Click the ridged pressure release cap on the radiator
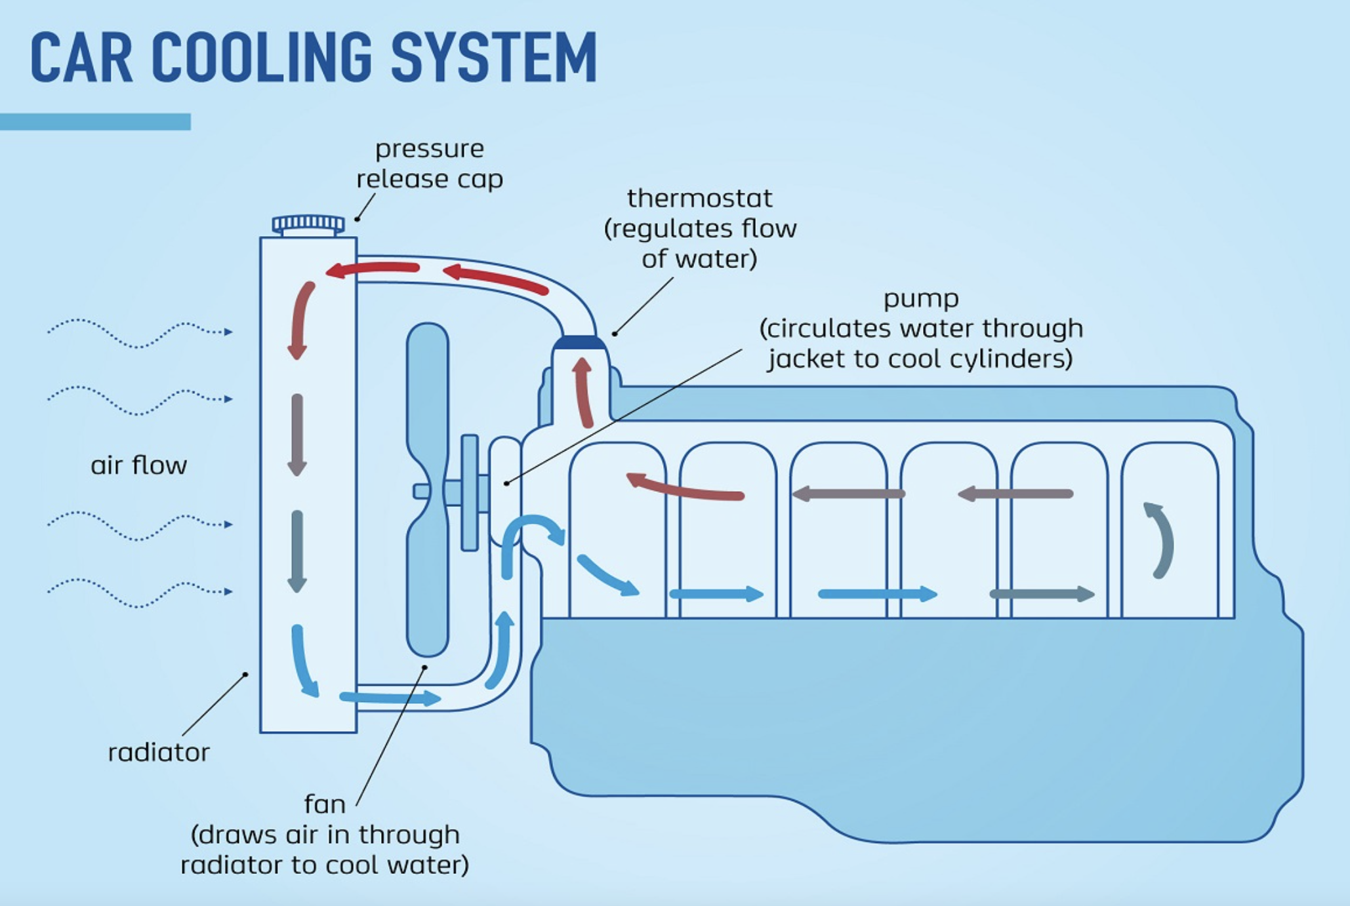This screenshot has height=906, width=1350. tap(308, 225)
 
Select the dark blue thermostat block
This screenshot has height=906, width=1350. tap(579, 343)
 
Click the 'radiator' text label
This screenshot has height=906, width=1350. tap(159, 752)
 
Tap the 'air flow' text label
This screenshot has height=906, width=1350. tap(138, 465)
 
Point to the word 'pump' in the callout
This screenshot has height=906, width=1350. tap(921, 299)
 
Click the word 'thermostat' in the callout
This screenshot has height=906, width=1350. tap(699, 198)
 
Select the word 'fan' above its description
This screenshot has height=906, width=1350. tap(324, 804)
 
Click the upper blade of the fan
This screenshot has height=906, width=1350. tap(428, 393)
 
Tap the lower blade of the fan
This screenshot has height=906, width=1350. tap(428, 590)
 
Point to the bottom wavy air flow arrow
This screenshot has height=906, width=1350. tap(139, 592)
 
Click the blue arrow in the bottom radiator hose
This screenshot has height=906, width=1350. tap(390, 697)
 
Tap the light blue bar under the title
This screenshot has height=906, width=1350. tap(95, 121)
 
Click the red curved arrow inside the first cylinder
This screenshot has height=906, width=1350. tap(685, 488)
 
